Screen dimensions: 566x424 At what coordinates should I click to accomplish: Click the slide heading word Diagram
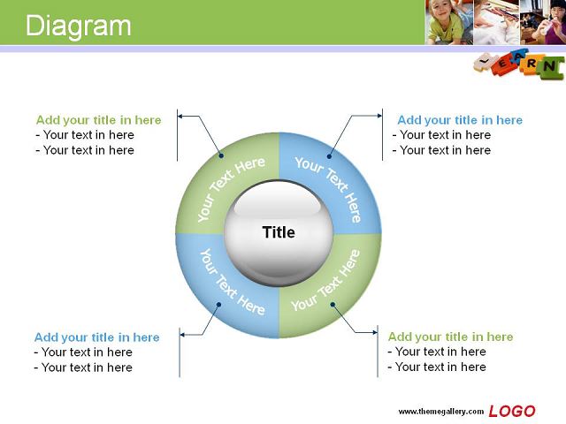[79, 26]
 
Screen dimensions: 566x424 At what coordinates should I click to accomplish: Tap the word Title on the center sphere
[279, 232]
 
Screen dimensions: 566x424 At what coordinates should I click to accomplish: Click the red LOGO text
[512, 411]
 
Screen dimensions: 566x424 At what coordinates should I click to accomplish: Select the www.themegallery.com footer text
[440, 412]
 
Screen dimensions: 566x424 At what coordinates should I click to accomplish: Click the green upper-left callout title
[98, 120]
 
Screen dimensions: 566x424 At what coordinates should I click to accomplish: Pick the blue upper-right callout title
[460, 120]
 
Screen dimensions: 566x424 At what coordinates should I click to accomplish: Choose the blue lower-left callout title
[96, 337]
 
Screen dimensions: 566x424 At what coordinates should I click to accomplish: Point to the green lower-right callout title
[450, 337]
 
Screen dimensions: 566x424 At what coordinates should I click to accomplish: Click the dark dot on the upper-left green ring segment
[221, 155]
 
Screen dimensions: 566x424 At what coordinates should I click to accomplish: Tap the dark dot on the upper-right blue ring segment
[329, 156]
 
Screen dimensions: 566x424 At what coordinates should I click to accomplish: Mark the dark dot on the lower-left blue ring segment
[218, 305]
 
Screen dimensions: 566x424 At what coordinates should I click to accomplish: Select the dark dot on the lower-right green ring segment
[333, 305]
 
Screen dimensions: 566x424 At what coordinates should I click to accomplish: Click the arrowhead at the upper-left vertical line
[180, 116]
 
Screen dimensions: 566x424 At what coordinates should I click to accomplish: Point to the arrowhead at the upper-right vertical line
[379, 116]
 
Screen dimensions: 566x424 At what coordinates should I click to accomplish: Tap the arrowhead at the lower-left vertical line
[182, 335]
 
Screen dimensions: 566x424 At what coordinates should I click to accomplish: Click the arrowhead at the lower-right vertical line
[375, 332]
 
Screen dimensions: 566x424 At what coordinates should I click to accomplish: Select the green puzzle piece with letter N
[550, 67]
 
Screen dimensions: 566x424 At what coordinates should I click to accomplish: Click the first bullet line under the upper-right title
[441, 135]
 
